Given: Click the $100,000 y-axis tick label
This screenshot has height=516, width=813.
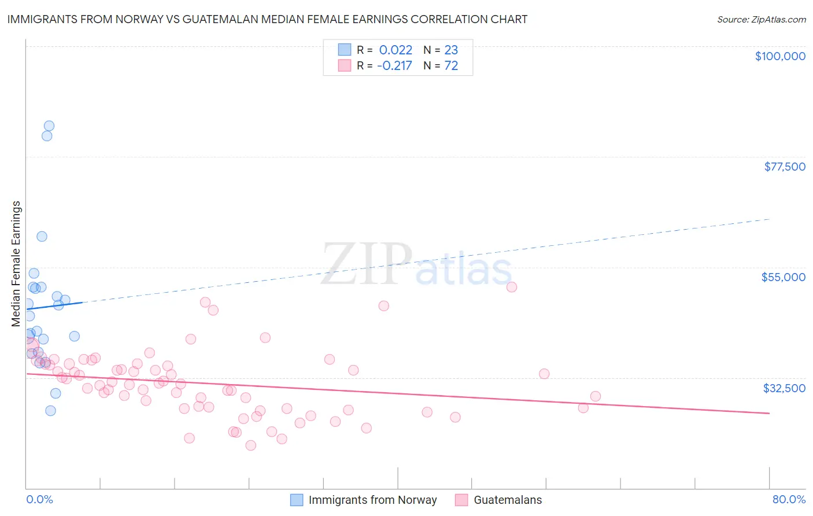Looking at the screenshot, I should pyautogui.click(x=780, y=56).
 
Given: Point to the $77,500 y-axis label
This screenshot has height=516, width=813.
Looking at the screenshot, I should pyautogui.click(x=785, y=167).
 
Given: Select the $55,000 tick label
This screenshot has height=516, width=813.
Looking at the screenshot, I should pyautogui.click(x=783, y=277).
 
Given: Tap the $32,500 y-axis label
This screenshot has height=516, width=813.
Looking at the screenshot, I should pyautogui.click(x=784, y=388).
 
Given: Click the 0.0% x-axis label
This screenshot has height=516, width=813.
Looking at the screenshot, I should pyautogui.click(x=39, y=499).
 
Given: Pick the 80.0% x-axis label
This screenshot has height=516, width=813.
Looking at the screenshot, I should pyautogui.click(x=789, y=499).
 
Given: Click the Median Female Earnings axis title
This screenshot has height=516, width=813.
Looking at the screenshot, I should pyautogui.click(x=16, y=264).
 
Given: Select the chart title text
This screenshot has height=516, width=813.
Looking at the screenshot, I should pyautogui.click(x=267, y=19).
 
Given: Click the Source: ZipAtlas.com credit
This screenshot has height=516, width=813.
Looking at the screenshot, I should pyautogui.click(x=761, y=19).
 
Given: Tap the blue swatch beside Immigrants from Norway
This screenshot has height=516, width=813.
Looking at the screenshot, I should pyautogui.click(x=297, y=500).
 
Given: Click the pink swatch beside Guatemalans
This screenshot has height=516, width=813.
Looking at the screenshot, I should pyautogui.click(x=461, y=500).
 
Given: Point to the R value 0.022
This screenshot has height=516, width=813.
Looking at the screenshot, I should pyautogui.click(x=396, y=50).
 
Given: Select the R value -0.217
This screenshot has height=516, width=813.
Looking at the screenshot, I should pyautogui.click(x=394, y=66).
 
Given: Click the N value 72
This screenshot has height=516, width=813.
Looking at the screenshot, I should pyautogui.click(x=451, y=66).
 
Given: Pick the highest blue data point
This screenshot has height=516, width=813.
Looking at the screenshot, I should pyautogui.click(x=49, y=126).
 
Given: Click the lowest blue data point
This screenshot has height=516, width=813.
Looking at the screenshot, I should pyautogui.click(x=50, y=411).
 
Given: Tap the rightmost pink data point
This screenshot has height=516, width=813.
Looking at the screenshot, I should pyautogui.click(x=596, y=396).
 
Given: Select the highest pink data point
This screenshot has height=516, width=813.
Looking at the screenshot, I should pyautogui.click(x=512, y=287).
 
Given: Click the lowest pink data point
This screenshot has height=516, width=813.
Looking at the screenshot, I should pyautogui.click(x=251, y=445).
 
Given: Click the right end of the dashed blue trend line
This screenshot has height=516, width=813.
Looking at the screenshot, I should pyautogui.click(x=769, y=219).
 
